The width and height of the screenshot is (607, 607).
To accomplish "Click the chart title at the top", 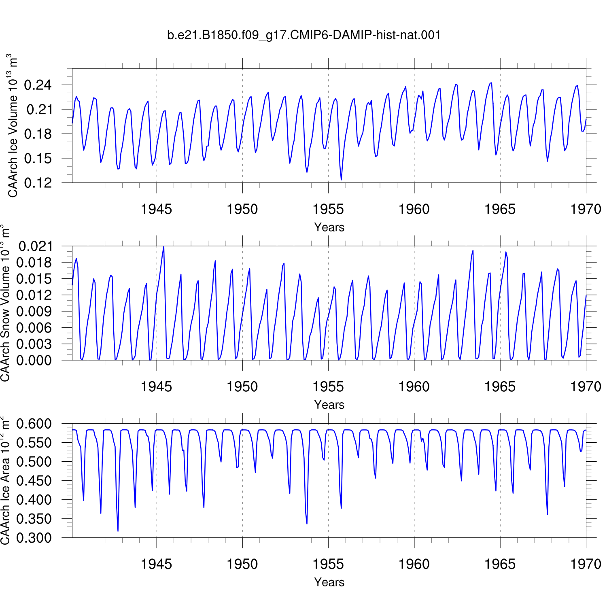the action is (x=303, y=35).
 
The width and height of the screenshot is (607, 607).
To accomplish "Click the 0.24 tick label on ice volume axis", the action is (x=38, y=85).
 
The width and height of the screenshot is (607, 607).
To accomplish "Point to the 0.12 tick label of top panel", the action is (x=38, y=183).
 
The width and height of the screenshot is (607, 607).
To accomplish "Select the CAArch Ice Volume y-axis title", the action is (x=13, y=125).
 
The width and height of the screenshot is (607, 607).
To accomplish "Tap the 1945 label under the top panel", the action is (x=156, y=209).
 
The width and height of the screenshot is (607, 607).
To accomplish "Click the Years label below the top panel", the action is (x=329, y=227).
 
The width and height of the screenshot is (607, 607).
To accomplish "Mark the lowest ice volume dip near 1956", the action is (x=341, y=180).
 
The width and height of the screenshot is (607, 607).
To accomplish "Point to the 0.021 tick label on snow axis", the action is (x=36, y=246).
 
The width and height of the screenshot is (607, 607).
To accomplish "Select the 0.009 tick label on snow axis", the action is (x=36, y=311).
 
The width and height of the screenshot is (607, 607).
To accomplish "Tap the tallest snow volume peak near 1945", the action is (x=163, y=246).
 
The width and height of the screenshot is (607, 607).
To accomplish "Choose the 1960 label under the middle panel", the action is (x=414, y=387).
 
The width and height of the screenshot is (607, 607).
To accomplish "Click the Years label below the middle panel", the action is (x=329, y=405).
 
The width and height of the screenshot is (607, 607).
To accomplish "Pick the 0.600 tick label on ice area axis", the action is (x=34, y=424).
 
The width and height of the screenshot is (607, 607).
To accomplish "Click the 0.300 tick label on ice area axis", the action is (x=34, y=538).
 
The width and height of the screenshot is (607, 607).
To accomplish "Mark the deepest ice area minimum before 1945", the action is (x=118, y=531).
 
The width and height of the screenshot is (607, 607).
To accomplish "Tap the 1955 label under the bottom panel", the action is (x=328, y=564).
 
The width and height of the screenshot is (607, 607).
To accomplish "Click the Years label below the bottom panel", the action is (x=329, y=582).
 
